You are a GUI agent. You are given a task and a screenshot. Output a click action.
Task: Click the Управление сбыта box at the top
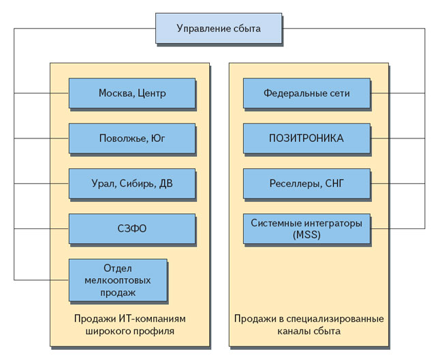coord(218,28)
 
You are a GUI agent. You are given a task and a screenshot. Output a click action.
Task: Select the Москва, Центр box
coord(131,93)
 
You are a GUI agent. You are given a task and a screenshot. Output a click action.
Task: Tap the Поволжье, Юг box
coord(131,138)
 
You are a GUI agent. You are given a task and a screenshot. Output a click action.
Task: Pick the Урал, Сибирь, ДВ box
coord(131,183)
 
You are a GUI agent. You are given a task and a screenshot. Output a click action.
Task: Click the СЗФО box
coord(131,228)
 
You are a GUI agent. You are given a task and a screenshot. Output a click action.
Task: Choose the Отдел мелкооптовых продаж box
coord(117,280)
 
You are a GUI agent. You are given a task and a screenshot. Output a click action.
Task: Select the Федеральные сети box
coord(307,93)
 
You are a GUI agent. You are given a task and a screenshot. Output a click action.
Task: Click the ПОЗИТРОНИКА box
coord(307,138)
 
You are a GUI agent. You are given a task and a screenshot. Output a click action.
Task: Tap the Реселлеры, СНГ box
coord(307,183)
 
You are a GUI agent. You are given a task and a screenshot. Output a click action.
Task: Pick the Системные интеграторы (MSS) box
coord(307,228)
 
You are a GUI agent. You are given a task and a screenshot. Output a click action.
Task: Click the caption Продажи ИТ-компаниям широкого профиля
coord(129,325)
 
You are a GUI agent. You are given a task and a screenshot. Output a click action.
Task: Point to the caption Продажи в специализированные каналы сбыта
coord(309,325)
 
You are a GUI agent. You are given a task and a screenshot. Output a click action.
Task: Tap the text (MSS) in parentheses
coord(307,235)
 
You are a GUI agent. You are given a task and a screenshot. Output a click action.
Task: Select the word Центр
coord(151,93)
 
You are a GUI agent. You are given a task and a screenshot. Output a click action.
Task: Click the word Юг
coord(157,138)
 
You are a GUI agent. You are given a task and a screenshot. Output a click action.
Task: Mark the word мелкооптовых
coord(117,280)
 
